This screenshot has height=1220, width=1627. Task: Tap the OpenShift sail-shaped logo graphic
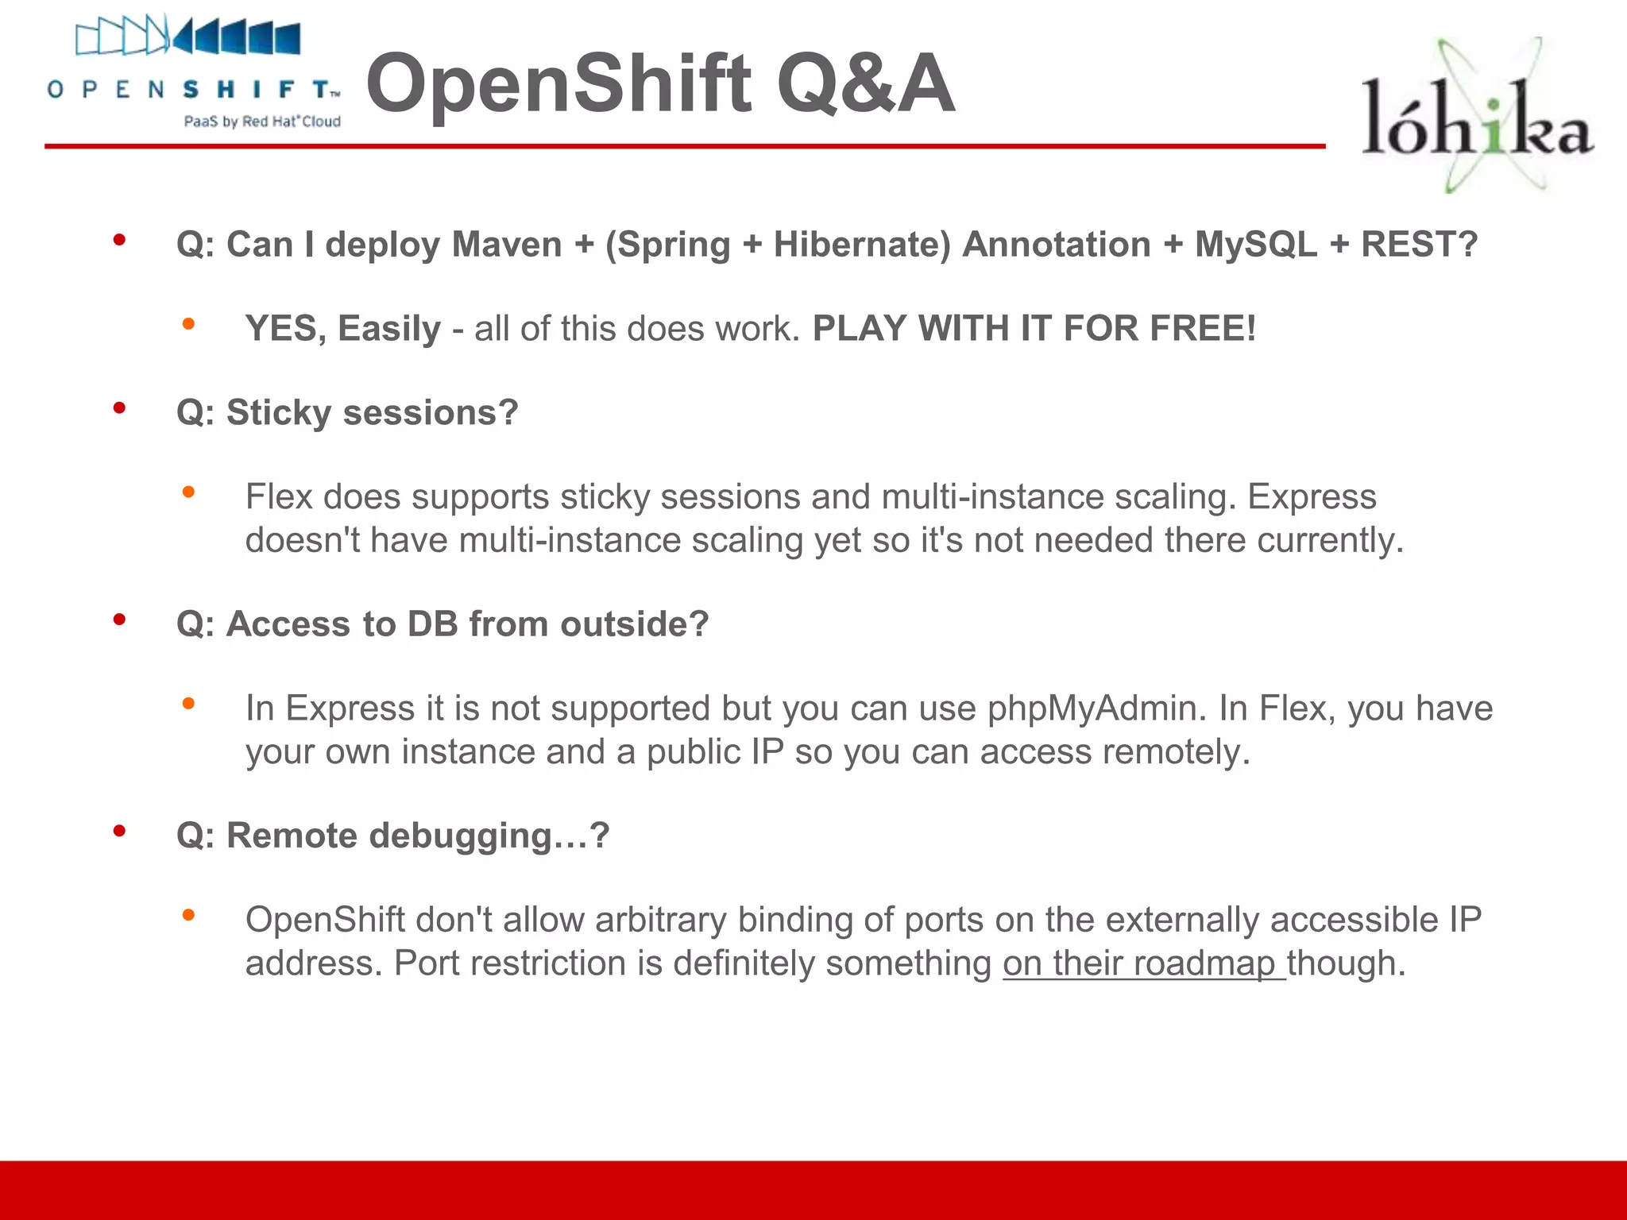[187, 37]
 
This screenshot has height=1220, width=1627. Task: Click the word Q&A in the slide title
[866, 84]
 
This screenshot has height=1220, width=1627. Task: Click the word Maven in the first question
[507, 244]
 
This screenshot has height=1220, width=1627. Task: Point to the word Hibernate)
[861, 244]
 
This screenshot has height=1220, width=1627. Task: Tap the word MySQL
[1255, 244]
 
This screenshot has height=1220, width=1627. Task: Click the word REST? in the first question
[1419, 244]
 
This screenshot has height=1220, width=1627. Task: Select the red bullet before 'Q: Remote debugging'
[119, 832]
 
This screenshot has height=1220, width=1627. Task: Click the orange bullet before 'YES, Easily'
[188, 324]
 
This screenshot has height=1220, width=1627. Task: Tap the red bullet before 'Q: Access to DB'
[119, 620]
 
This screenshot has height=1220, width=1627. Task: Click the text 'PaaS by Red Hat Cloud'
[262, 122]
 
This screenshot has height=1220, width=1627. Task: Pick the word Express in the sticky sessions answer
[1312, 497]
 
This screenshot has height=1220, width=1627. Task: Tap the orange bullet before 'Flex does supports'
[188, 492]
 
